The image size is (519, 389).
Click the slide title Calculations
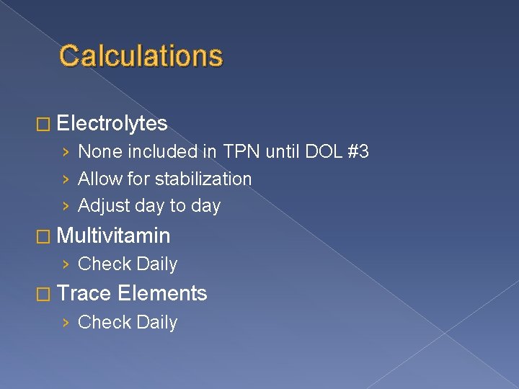(141, 55)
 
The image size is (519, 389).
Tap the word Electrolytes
(112, 124)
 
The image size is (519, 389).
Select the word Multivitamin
(113, 236)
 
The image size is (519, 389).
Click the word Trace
(84, 293)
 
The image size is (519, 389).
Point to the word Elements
(163, 293)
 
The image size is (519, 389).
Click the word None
(99, 152)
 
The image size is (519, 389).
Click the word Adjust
(101, 205)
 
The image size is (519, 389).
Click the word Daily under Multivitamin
(157, 264)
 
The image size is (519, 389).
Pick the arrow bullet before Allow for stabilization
(66, 179)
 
